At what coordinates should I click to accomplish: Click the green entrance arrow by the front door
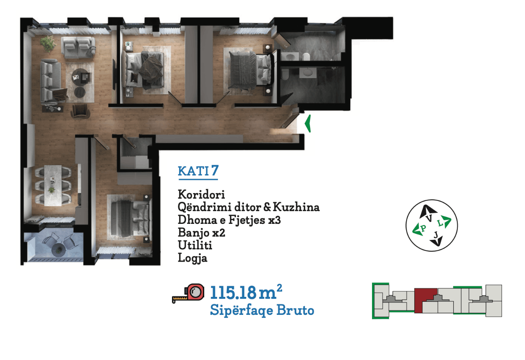[x=308, y=123]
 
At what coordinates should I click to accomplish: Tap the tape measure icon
[x=188, y=293]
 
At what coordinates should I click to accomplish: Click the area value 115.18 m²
[x=246, y=292]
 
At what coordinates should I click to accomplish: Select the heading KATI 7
[x=198, y=171]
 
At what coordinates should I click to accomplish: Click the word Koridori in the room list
[x=201, y=194]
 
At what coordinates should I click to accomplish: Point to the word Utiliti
[x=195, y=245]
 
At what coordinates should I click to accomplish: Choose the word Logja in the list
[x=192, y=258]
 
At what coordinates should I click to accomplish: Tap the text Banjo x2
[x=201, y=233]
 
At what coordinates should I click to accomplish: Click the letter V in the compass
[x=429, y=219]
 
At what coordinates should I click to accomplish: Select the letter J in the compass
[x=436, y=235]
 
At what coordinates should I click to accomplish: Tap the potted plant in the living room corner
[x=48, y=43]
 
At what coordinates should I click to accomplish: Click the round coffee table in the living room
[x=80, y=77]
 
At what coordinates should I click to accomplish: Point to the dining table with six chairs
[x=53, y=185]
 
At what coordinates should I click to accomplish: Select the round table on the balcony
[x=58, y=250]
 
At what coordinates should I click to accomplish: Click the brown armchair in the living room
[x=80, y=111]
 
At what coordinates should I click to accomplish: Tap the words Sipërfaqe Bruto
[x=262, y=310]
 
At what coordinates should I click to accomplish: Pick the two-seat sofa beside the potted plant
[x=78, y=47]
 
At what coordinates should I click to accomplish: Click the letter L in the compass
[x=441, y=223]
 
